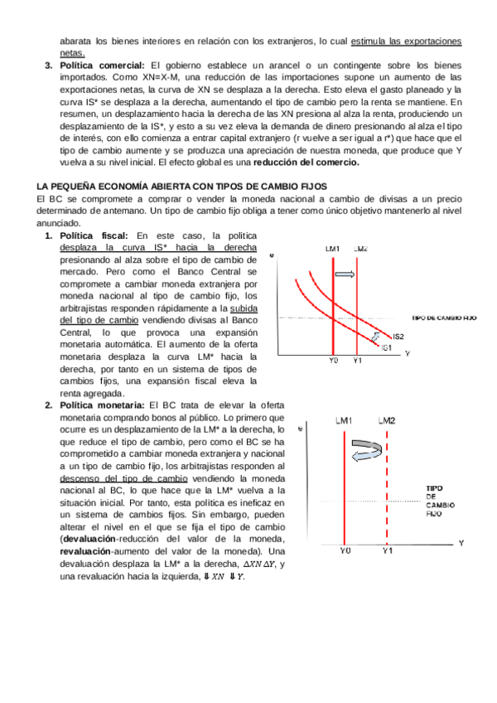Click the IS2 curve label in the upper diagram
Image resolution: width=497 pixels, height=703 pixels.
point(398,336)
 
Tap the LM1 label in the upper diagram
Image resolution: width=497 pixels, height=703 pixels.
point(332,249)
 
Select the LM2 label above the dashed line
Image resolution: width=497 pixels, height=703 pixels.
point(387,421)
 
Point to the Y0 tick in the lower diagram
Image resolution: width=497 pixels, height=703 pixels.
point(346,550)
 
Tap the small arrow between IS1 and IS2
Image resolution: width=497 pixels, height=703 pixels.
point(378,336)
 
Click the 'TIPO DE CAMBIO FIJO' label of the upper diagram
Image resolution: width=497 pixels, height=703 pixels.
point(444,318)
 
